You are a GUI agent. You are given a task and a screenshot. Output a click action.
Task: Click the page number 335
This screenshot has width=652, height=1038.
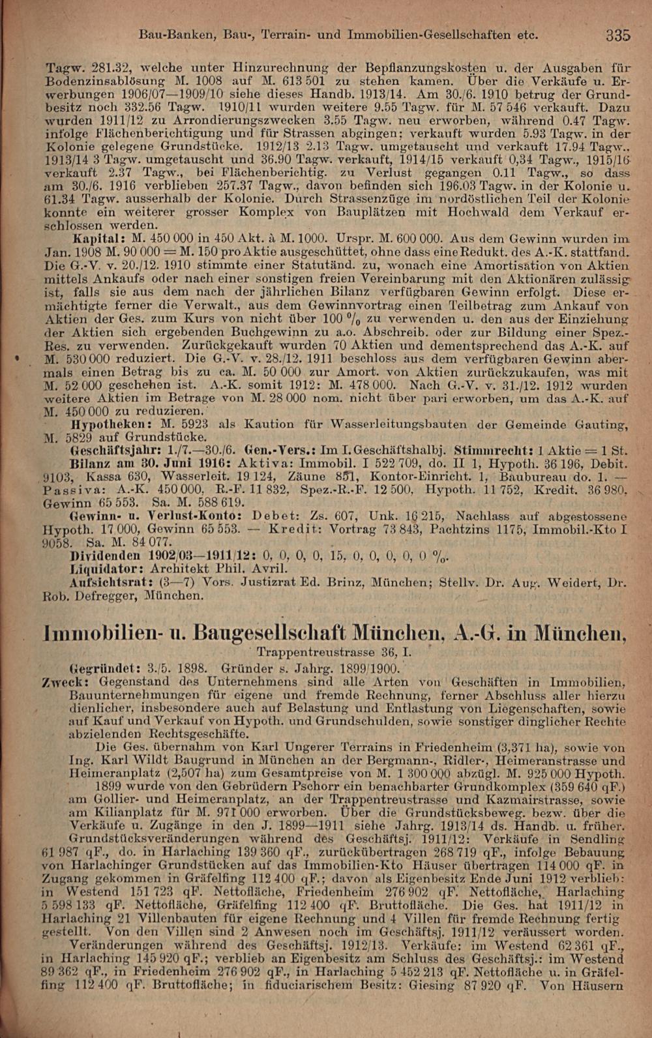point(617,35)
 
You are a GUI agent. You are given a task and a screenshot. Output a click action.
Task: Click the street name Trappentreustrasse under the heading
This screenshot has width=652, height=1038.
point(319,651)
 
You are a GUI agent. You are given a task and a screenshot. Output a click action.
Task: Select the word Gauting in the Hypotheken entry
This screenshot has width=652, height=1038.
point(602,424)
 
